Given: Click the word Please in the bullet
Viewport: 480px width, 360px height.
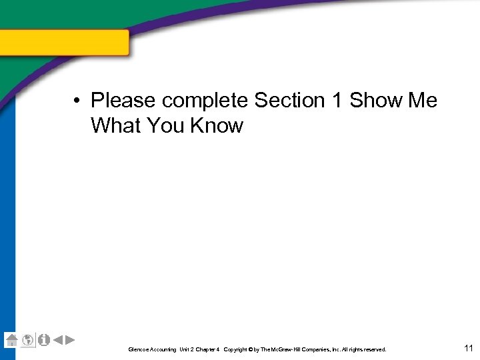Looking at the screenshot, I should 123,101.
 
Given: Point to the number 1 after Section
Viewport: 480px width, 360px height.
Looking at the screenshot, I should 337,101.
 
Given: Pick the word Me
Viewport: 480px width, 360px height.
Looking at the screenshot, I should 423,101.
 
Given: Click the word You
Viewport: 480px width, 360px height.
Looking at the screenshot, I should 167,125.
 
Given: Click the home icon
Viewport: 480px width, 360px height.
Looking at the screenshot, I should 11,339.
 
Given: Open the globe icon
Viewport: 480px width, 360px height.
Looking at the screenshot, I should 27,340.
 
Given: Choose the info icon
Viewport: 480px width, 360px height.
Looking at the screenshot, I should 44,339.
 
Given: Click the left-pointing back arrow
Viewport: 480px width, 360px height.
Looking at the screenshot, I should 57,340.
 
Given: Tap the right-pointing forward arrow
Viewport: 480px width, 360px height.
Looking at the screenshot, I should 70,340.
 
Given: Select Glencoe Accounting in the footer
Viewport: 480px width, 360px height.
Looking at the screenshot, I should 153,349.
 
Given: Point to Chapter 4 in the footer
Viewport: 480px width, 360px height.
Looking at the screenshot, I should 207,349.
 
